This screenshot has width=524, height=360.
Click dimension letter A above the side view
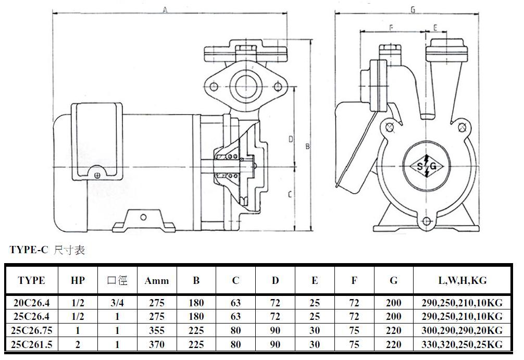[x=165, y=10]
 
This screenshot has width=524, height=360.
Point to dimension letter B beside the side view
[x=307, y=146]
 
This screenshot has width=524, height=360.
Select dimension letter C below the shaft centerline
[x=290, y=194]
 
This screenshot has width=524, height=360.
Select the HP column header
[x=78, y=280]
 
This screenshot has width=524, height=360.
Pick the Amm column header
[x=157, y=280]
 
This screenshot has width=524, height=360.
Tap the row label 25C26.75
[x=31, y=330]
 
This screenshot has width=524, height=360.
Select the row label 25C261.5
[x=31, y=344]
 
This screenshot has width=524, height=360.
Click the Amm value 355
[x=157, y=330]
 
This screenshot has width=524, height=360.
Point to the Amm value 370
[x=157, y=344]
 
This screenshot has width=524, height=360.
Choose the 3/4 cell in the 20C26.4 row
[x=117, y=303]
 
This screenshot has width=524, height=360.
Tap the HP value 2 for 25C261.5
[x=78, y=344]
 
